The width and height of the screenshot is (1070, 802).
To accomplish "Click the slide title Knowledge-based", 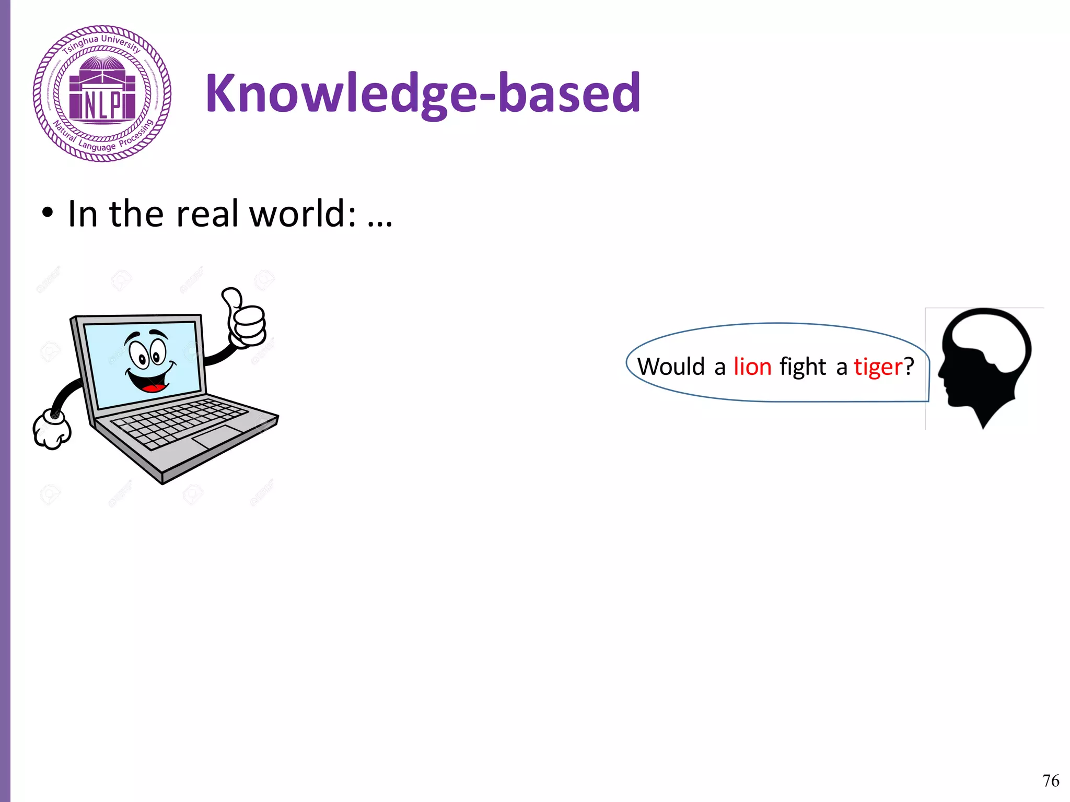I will click(x=423, y=93).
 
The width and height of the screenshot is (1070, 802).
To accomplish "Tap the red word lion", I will click(x=752, y=367).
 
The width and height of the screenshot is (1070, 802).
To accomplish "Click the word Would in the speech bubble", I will click(x=671, y=367).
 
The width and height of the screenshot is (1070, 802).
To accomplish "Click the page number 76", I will click(x=1051, y=781).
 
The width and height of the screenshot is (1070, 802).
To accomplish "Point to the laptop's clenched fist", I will click(x=52, y=429).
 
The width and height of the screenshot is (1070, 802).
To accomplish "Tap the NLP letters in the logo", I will click(x=102, y=105).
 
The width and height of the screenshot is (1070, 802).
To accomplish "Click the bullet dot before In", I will click(x=48, y=214).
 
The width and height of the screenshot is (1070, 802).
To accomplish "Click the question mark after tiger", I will click(x=909, y=367).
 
